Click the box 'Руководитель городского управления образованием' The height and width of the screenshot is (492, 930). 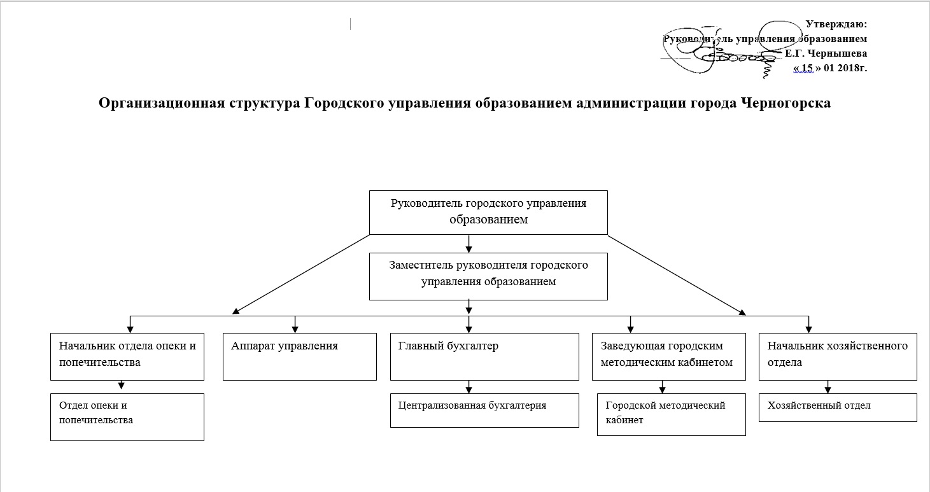pyautogui.click(x=488, y=212)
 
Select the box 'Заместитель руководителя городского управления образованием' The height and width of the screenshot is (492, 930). pyautogui.click(x=488, y=276)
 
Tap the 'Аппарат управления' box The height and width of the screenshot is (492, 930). pyautogui.click(x=299, y=356)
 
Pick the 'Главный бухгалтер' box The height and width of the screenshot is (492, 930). pyautogui.click(x=484, y=356)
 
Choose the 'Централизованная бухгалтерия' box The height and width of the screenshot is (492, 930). pyautogui.click(x=484, y=410)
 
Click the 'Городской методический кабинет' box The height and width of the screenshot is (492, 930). pyautogui.click(x=671, y=414)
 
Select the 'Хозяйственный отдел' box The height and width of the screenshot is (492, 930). pyautogui.click(x=838, y=407)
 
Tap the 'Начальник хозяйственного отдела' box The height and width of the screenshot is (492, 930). pyautogui.click(x=838, y=356)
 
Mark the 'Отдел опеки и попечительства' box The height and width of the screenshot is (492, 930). pyautogui.click(x=127, y=417)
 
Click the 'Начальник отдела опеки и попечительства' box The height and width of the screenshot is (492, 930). pyautogui.click(x=127, y=356)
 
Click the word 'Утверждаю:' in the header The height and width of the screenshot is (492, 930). pyautogui.click(x=836, y=25)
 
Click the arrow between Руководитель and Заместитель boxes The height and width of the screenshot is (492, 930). pyautogui.click(x=469, y=243)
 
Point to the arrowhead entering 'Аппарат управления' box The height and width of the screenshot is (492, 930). pyautogui.click(x=295, y=328)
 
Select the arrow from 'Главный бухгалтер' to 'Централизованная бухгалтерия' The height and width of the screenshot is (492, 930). pyautogui.click(x=469, y=387)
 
